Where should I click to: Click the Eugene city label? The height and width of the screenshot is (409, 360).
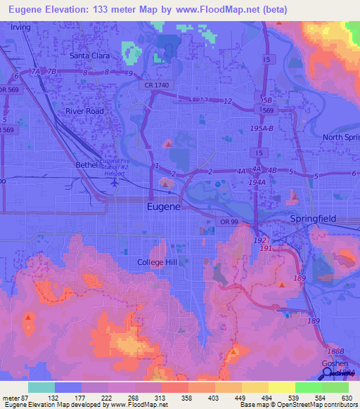[163, 207]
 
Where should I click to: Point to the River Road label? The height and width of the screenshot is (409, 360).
[84, 111]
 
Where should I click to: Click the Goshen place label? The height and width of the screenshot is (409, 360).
[335, 363]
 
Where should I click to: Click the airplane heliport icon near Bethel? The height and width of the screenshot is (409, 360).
[116, 181]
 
